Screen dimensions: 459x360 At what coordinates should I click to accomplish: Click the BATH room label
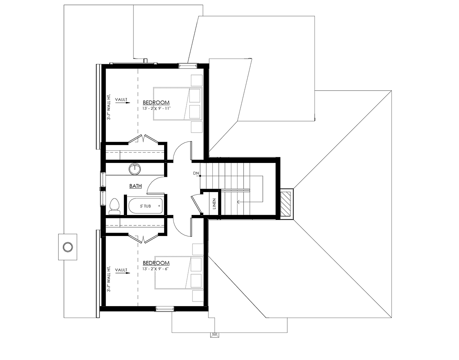coord(135,186)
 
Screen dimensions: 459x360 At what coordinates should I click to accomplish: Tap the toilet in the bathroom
coord(115,206)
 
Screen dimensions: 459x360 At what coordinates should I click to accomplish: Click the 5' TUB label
coord(145,206)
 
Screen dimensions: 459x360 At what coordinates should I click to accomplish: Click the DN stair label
coord(196,173)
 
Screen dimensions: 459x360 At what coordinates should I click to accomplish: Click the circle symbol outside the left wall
coord(68,247)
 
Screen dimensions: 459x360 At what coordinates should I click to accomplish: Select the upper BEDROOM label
coord(156,103)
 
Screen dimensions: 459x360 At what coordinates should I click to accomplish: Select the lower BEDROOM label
coord(156,263)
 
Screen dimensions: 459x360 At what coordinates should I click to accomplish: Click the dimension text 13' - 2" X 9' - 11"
coord(156,109)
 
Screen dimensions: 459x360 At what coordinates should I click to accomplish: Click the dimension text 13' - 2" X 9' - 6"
coord(155,269)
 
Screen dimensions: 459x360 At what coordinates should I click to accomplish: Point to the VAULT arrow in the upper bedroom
coord(123,103)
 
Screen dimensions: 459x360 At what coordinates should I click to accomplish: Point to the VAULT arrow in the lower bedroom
coord(123,273)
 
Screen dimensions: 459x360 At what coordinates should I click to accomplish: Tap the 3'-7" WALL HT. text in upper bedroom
coord(109,107)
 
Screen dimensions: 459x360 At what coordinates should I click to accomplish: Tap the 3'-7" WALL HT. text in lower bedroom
coord(109,279)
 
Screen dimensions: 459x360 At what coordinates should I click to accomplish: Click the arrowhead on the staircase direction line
coord(238,202)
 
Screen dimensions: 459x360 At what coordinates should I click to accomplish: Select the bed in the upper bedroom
coord(177,104)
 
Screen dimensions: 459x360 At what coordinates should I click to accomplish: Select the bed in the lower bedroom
coord(179,272)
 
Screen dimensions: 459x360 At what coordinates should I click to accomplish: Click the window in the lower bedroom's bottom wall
coord(165,309)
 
